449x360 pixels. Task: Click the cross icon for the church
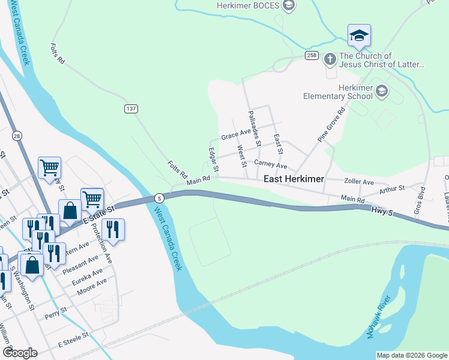(x=330, y=59)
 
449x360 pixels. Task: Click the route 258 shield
(x=311, y=55)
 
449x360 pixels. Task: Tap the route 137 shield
(x=131, y=109)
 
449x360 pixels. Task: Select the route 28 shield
(x=17, y=136)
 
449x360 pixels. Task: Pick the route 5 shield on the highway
(x=158, y=197)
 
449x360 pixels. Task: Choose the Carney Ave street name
(x=271, y=164)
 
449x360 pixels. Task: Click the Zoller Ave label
(x=359, y=182)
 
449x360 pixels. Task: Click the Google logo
(x=20, y=353)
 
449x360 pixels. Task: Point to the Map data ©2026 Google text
(x=411, y=355)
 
